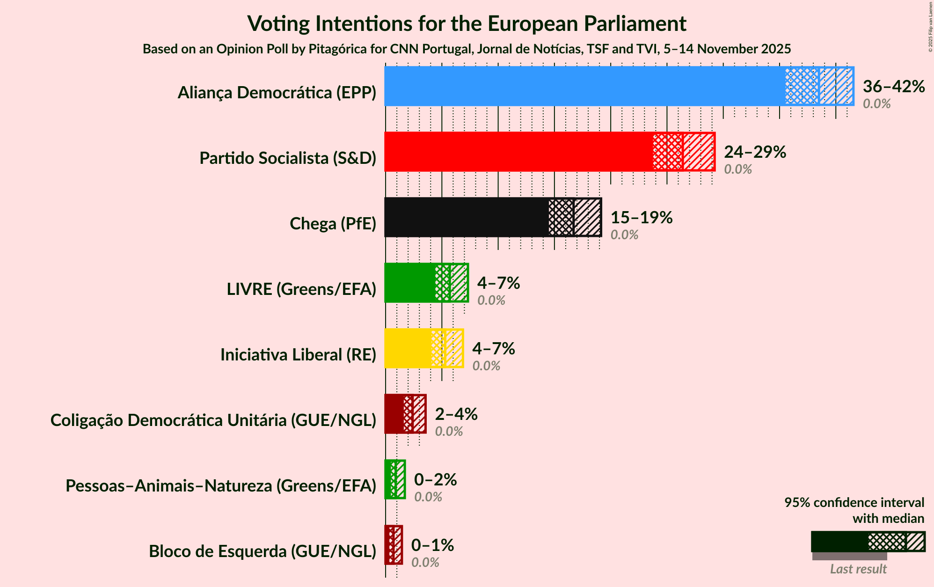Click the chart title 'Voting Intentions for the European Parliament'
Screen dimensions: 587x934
(x=467, y=23)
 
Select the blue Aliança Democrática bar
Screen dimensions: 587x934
(x=585, y=86)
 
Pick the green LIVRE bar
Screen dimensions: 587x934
(x=410, y=283)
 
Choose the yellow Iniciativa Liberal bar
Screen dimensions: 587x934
(x=408, y=348)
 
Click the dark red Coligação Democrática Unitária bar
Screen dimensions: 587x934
(x=394, y=414)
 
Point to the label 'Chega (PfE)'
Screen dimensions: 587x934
(x=333, y=224)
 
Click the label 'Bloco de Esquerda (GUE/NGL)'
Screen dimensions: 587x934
(x=263, y=551)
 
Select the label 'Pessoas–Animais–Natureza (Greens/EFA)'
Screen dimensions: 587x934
(x=221, y=486)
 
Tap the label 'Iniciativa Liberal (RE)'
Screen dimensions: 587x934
(x=298, y=355)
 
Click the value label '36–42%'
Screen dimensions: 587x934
(x=894, y=87)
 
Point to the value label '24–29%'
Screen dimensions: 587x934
(x=755, y=152)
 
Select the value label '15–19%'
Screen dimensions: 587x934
(x=642, y=218)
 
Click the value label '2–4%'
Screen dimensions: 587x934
(x=456, y=414)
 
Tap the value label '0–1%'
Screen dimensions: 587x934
(x=432, y=545)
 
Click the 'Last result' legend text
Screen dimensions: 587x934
(x=858, y=569)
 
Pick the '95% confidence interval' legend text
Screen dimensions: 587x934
(x=854, y=503)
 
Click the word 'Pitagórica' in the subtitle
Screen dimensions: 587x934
(x=333, y=49)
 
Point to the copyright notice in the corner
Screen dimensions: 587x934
(x=930, y=27)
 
